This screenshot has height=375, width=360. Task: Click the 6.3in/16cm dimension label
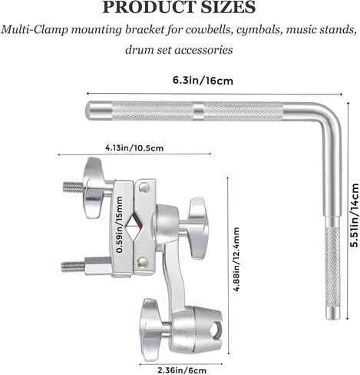click(x=203, y=81)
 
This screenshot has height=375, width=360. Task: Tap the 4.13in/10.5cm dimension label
click(x=134, y=148)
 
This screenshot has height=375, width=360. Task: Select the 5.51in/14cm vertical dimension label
click(x=354, y=215)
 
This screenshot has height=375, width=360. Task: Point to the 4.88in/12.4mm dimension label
click(x=236, y=259)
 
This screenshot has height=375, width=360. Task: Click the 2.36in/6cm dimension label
click(x=182, y=370)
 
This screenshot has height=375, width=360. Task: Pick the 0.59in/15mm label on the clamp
click(x=119, y=224)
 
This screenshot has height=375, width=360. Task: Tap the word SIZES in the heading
click(x=228, y=7)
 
